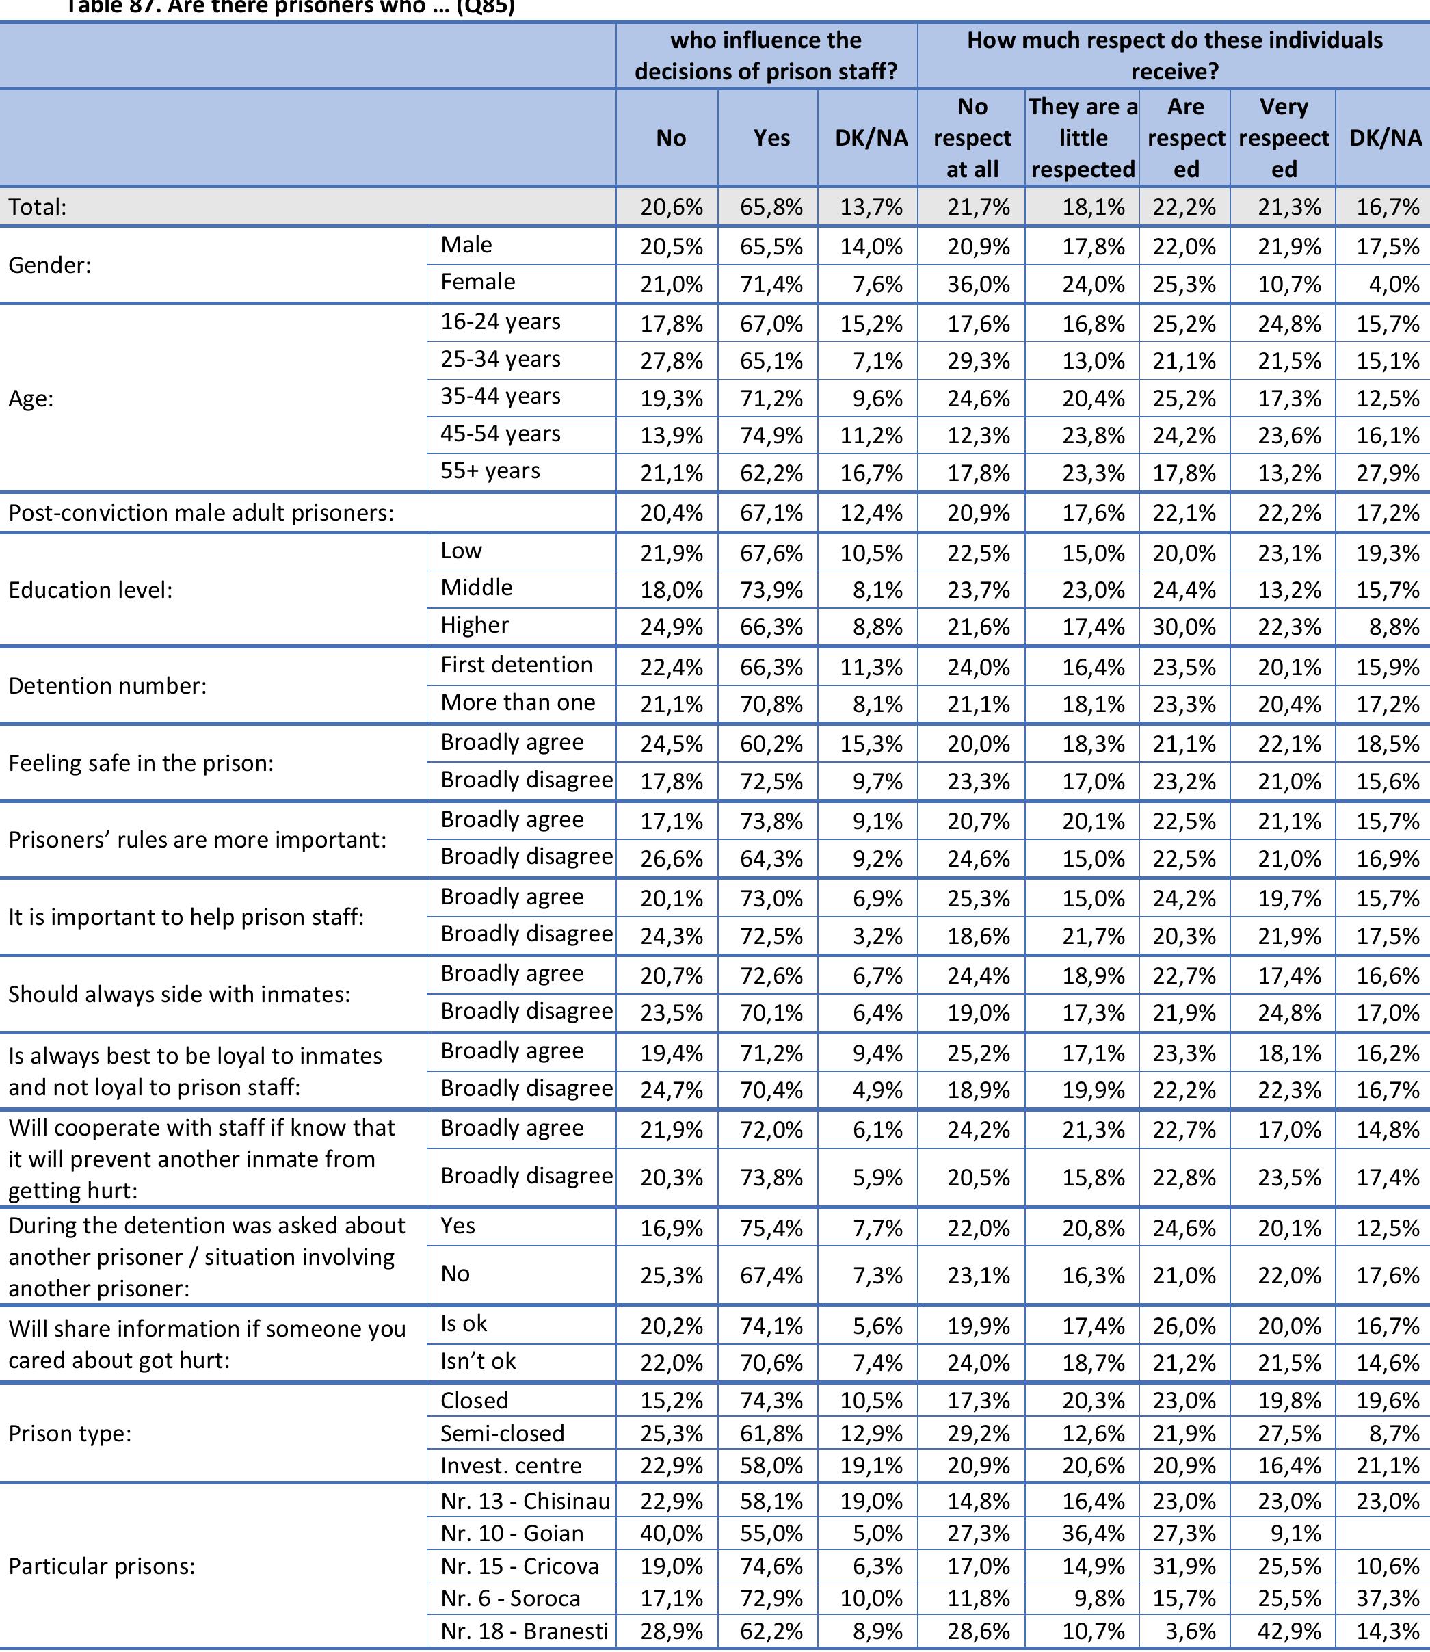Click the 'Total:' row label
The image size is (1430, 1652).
[x=38, y=207]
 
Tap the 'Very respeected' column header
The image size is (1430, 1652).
[x=1283, y=137]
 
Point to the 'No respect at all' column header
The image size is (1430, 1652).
[x=972, y=137]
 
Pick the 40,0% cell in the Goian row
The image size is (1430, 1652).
[x=671, y=1534]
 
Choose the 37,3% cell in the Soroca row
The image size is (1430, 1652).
[x=1388, y=1599]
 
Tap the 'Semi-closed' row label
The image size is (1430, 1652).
[x=502, y=1434]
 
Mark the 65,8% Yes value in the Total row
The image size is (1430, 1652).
[x=771, y=207]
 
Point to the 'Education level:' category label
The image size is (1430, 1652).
[x=90, y=590]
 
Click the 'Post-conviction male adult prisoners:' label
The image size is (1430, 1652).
[x=201, y=512]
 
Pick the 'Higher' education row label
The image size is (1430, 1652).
[x=475, y=625]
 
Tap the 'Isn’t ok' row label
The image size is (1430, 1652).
[x=478, y=1361]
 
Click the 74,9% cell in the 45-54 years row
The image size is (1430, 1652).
[x=771, y=436]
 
